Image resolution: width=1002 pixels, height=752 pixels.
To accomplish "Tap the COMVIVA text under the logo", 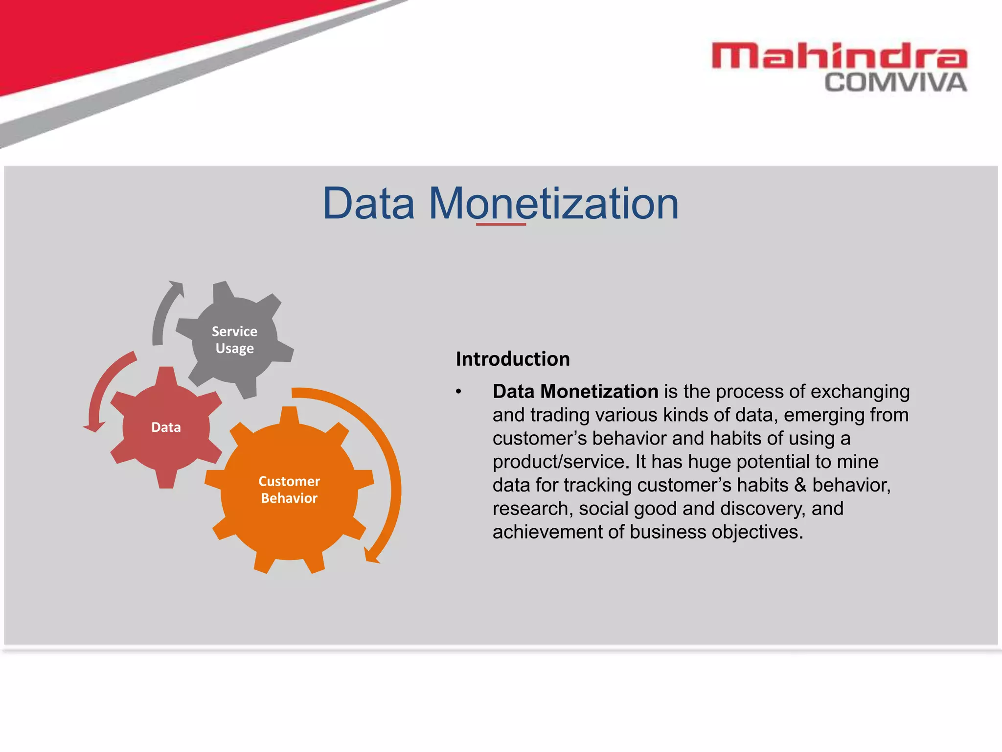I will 895,83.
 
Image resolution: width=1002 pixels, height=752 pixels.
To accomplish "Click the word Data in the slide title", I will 368,203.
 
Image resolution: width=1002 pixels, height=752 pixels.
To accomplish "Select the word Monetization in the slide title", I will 553,203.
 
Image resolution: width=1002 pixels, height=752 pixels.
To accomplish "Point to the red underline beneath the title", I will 501,224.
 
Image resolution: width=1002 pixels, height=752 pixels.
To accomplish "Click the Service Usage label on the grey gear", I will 234,340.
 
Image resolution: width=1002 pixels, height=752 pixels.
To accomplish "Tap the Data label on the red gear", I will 166,427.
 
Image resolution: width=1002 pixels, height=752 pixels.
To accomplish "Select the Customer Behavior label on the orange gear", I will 289,490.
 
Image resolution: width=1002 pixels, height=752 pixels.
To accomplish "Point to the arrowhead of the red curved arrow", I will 94,427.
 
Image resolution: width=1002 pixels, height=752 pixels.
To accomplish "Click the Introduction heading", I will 513,359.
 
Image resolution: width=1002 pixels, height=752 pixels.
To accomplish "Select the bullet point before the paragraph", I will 458,392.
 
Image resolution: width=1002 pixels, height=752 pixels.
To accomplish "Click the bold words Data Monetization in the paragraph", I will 575,391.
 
